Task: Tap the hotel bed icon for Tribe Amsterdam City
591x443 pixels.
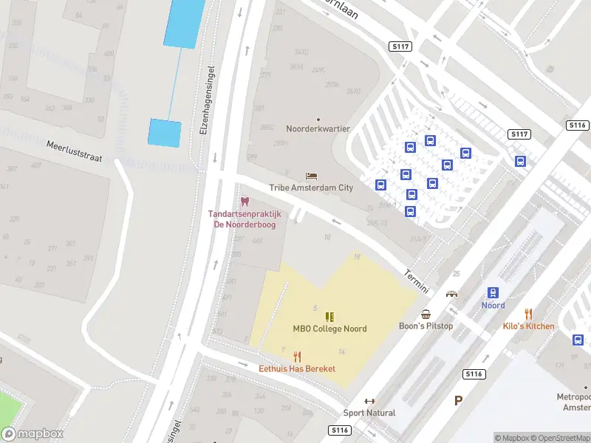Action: [x=311, y=176]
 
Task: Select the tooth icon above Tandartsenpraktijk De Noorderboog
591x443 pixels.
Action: [x=245, y=202]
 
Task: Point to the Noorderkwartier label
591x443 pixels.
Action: [x=318, y=128]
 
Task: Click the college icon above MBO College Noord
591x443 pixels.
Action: [x=329, y=317]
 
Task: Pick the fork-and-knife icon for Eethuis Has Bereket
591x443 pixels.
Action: [x=297, y=357]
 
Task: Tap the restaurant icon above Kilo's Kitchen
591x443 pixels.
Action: [x=528, y=314]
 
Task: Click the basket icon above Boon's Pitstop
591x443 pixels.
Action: [x=426, y=315]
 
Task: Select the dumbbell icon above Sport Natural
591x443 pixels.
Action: [x=369, y=401]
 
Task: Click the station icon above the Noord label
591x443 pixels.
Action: [x=493, y=293]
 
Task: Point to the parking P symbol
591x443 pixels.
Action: [x=458, y=401]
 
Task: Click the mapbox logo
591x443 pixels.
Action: [x=33, y=434]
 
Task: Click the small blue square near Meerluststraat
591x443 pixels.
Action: [x=165, y=133]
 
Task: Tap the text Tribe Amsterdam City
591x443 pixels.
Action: [x=311, y=188]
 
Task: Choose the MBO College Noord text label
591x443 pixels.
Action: [x=329, y=329]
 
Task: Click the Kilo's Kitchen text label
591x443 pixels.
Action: [x=528, y=326]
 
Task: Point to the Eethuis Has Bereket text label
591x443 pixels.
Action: [x=297, y=368]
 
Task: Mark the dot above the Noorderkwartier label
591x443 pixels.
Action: [x=318, y=119]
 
